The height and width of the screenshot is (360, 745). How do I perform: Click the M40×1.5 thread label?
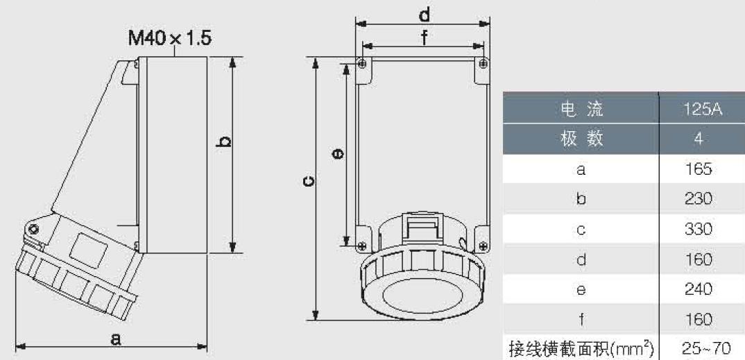[170, 38]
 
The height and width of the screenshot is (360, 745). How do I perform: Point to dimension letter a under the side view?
[115, 338]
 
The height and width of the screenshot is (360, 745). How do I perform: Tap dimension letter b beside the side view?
[224, 142]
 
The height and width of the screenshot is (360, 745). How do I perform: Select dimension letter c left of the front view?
[309, 182]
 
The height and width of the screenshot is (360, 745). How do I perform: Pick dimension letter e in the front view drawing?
[338, 153]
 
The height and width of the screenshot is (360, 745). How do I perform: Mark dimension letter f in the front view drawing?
[423, 38]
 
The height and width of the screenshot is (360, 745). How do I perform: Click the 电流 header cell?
[581, 109]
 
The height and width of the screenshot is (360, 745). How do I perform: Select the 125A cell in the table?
[703, 109]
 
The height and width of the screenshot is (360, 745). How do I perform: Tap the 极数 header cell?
[581, 139]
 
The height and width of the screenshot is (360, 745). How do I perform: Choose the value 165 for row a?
[699, 169]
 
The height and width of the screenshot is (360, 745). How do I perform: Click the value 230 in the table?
[699, 198]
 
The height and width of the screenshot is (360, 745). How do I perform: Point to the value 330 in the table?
[699, 229]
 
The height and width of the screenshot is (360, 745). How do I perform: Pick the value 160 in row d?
[699, 259]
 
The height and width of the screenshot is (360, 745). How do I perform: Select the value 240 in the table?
[699, 289]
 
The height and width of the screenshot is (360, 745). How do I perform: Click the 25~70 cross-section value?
[705, 349]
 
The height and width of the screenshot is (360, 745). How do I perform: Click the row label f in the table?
[581, 318]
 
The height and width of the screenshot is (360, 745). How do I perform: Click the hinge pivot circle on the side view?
[33, 230]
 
